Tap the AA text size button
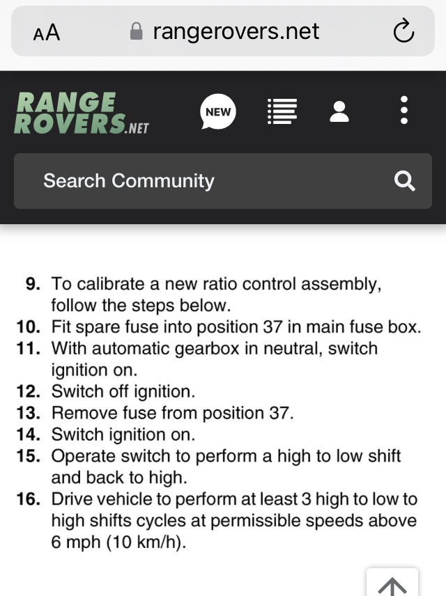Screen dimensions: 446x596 pyautogui.click(x=47, y=32)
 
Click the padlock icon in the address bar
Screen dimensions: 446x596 pyautogui.click(x=136, y=31)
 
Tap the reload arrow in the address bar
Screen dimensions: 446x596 pyautogui.click(x=403, y=31)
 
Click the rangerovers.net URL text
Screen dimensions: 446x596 pyautogui.click(x=236, y=31)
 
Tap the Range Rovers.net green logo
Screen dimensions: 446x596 pyautogui.click(x=82, y=113)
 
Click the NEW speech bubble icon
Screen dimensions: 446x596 pyautogui.click(x=218, y=111)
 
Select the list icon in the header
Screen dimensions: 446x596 pyautogui.click(x=282, y=111)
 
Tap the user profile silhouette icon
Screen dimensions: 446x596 pyautogui.click(x=339, y=111)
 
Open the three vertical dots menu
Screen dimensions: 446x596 pyautogui.click(x=404, y=110)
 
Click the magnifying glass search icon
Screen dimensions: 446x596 pyautogui.click(x=404, y=180)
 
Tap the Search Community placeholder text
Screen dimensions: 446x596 pyautogui.click(x=129, y=180)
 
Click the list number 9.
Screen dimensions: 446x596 pyautogui.click(x=33, y=284)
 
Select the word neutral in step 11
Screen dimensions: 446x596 pyautogui.click(x=293, y=349)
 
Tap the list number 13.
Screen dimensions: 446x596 pyautogui.click(x=29, y=413)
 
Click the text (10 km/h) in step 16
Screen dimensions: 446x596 pyautogui.click(x=146, y=542)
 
